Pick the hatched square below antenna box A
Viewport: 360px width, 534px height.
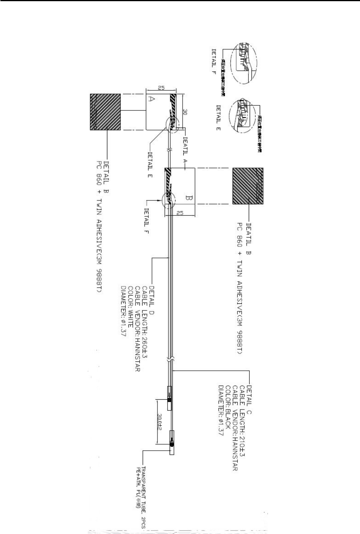(x=105, y=112)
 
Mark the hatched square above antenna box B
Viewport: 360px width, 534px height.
(x=248, y=186)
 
